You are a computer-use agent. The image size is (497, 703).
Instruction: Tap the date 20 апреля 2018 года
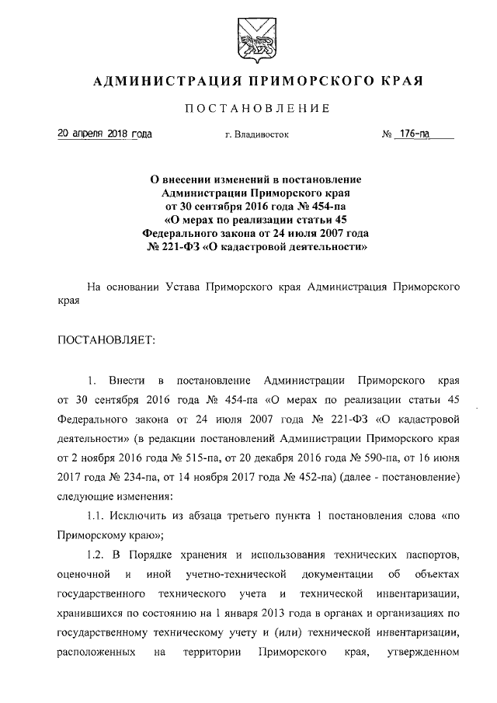tap(105, 134)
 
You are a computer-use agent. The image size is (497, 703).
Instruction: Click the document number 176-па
tap(415, 134)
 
